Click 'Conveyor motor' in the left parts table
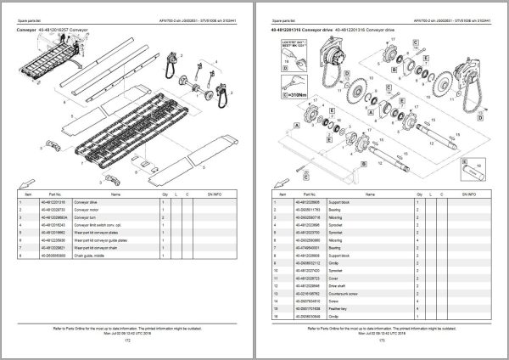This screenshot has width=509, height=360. [x=87, y=209]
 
